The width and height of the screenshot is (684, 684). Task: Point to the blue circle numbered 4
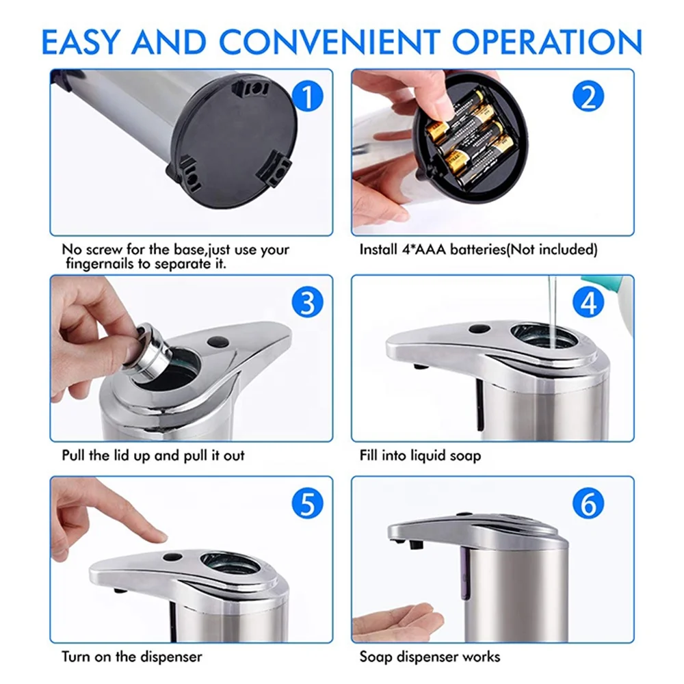tap(588, 302)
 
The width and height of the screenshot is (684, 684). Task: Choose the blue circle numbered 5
tap(306, 505)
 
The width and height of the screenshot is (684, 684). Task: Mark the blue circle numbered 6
tap(588, 505)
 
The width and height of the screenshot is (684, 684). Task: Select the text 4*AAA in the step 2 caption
tap(419, 250)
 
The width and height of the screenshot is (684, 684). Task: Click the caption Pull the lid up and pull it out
tap(153, 455)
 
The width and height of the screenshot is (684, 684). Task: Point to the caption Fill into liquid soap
tap(420, 455)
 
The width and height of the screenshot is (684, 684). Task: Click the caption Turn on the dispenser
tap(131, 657)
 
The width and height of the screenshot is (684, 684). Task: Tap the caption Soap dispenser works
tap(430, 657)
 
